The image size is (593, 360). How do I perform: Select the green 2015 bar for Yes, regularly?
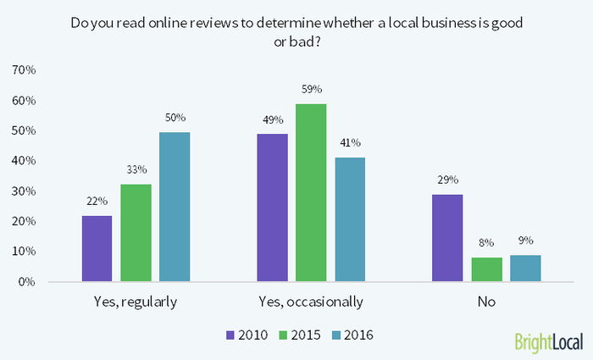coord(136,233)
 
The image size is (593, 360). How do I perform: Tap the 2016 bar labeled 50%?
coord(175,207)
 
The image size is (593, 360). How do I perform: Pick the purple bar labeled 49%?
coord(272,208)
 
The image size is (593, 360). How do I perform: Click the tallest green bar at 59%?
coord(311,192)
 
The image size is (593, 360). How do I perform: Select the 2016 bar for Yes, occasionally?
coord(350,219)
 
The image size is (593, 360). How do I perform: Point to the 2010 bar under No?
coord(447,238)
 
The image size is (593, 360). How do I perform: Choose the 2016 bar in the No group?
coord(525,268)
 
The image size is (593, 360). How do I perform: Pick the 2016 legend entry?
coord(355,335)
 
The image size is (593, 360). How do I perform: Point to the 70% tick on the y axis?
coord(23,70)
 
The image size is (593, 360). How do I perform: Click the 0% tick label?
coord(25,281)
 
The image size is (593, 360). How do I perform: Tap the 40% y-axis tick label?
coord(23,161)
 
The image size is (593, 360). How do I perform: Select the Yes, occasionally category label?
coord(311,301)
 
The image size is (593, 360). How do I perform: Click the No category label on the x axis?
coord(486,301)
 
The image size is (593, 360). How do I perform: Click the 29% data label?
coord(447,180)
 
